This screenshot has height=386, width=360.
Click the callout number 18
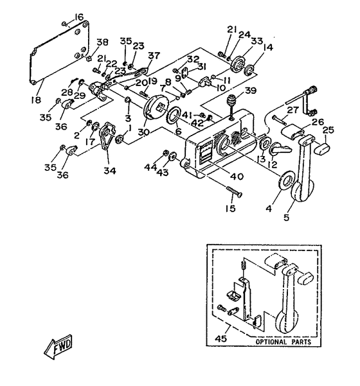tap(36, 100)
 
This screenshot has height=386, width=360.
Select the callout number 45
tap(221, 338)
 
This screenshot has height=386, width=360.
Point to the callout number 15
tap(230, 208)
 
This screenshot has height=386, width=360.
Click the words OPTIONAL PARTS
tap(283, 342)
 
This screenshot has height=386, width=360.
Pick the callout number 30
tap(143, 132)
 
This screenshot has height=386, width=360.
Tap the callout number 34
tap(110, 170)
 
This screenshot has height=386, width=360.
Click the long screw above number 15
tap(234, 191)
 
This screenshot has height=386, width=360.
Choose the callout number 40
tap(237, 176)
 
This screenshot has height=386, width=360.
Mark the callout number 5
tap(286, 217)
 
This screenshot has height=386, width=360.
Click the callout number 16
tap(78, 17)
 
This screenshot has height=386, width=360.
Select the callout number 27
tap(293, 110)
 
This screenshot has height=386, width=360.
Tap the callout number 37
tap(154, 55)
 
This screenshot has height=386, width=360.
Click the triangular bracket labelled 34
tap(107, 135)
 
